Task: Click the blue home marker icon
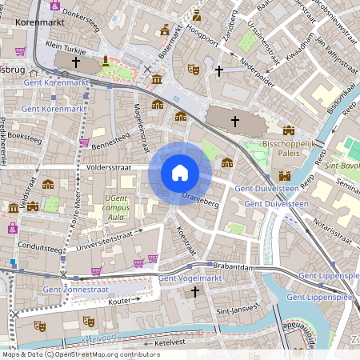pyautogui.click(x=180, y=172)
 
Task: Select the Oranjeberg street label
pyautogui.click(x=200, y=198)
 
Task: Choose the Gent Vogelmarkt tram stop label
pyautogui.click(x=189, y=278)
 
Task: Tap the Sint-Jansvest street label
pyautogui.click(x=239, y=308)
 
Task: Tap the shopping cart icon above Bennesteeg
pyautogui.click(x=84, y=142)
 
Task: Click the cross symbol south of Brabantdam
pyautogui.click(x=194, y=293)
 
